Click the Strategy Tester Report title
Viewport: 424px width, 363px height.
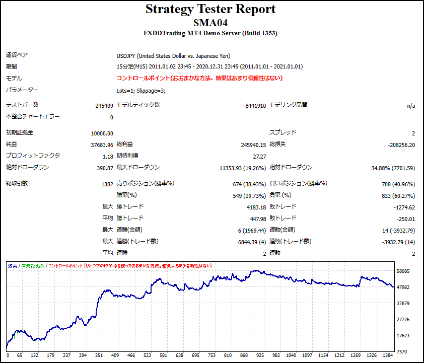click(x=210, y=9)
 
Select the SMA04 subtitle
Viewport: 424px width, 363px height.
click(x=210, y=22)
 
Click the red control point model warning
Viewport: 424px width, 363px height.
click(x=199, y=78)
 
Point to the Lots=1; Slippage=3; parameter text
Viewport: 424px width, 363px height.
click(x=140, y=91)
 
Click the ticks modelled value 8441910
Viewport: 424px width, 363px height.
click(x=255, y=106)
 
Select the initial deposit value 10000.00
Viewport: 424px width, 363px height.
click(x=102, y=133)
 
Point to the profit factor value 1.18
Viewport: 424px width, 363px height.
click(x=108, y=157)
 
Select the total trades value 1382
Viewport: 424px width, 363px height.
click(x=107, y=184)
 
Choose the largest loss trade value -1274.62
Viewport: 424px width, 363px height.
click(x=405, y=207)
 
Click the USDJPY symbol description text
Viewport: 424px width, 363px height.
click(x=173, y=56)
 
